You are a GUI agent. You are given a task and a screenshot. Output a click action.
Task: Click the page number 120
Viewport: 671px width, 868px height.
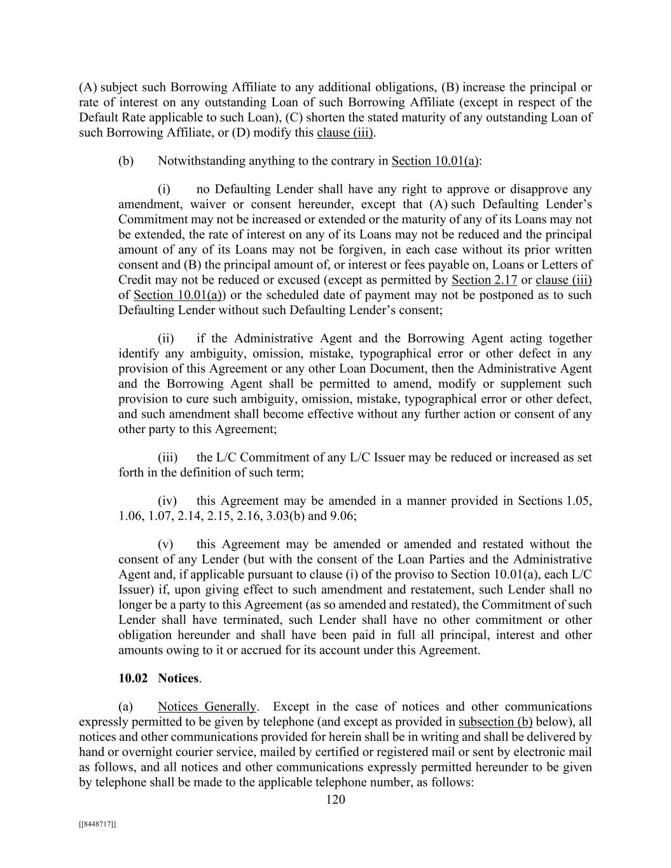tap(335, 799)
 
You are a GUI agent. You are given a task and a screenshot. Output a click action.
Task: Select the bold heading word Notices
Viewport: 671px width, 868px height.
tap(179, 679)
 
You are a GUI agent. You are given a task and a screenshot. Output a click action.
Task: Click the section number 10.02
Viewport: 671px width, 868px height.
tap(133, 679)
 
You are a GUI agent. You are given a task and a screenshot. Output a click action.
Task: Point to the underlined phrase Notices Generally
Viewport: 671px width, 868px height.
tap(207, 706)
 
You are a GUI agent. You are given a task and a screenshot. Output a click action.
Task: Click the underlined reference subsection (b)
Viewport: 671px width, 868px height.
tap(495, 722)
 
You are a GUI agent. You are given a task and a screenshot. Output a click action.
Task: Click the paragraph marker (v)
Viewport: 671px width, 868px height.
tap(165, 544)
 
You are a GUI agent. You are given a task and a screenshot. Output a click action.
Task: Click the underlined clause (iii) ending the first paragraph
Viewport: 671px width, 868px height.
tap(345, 133)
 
